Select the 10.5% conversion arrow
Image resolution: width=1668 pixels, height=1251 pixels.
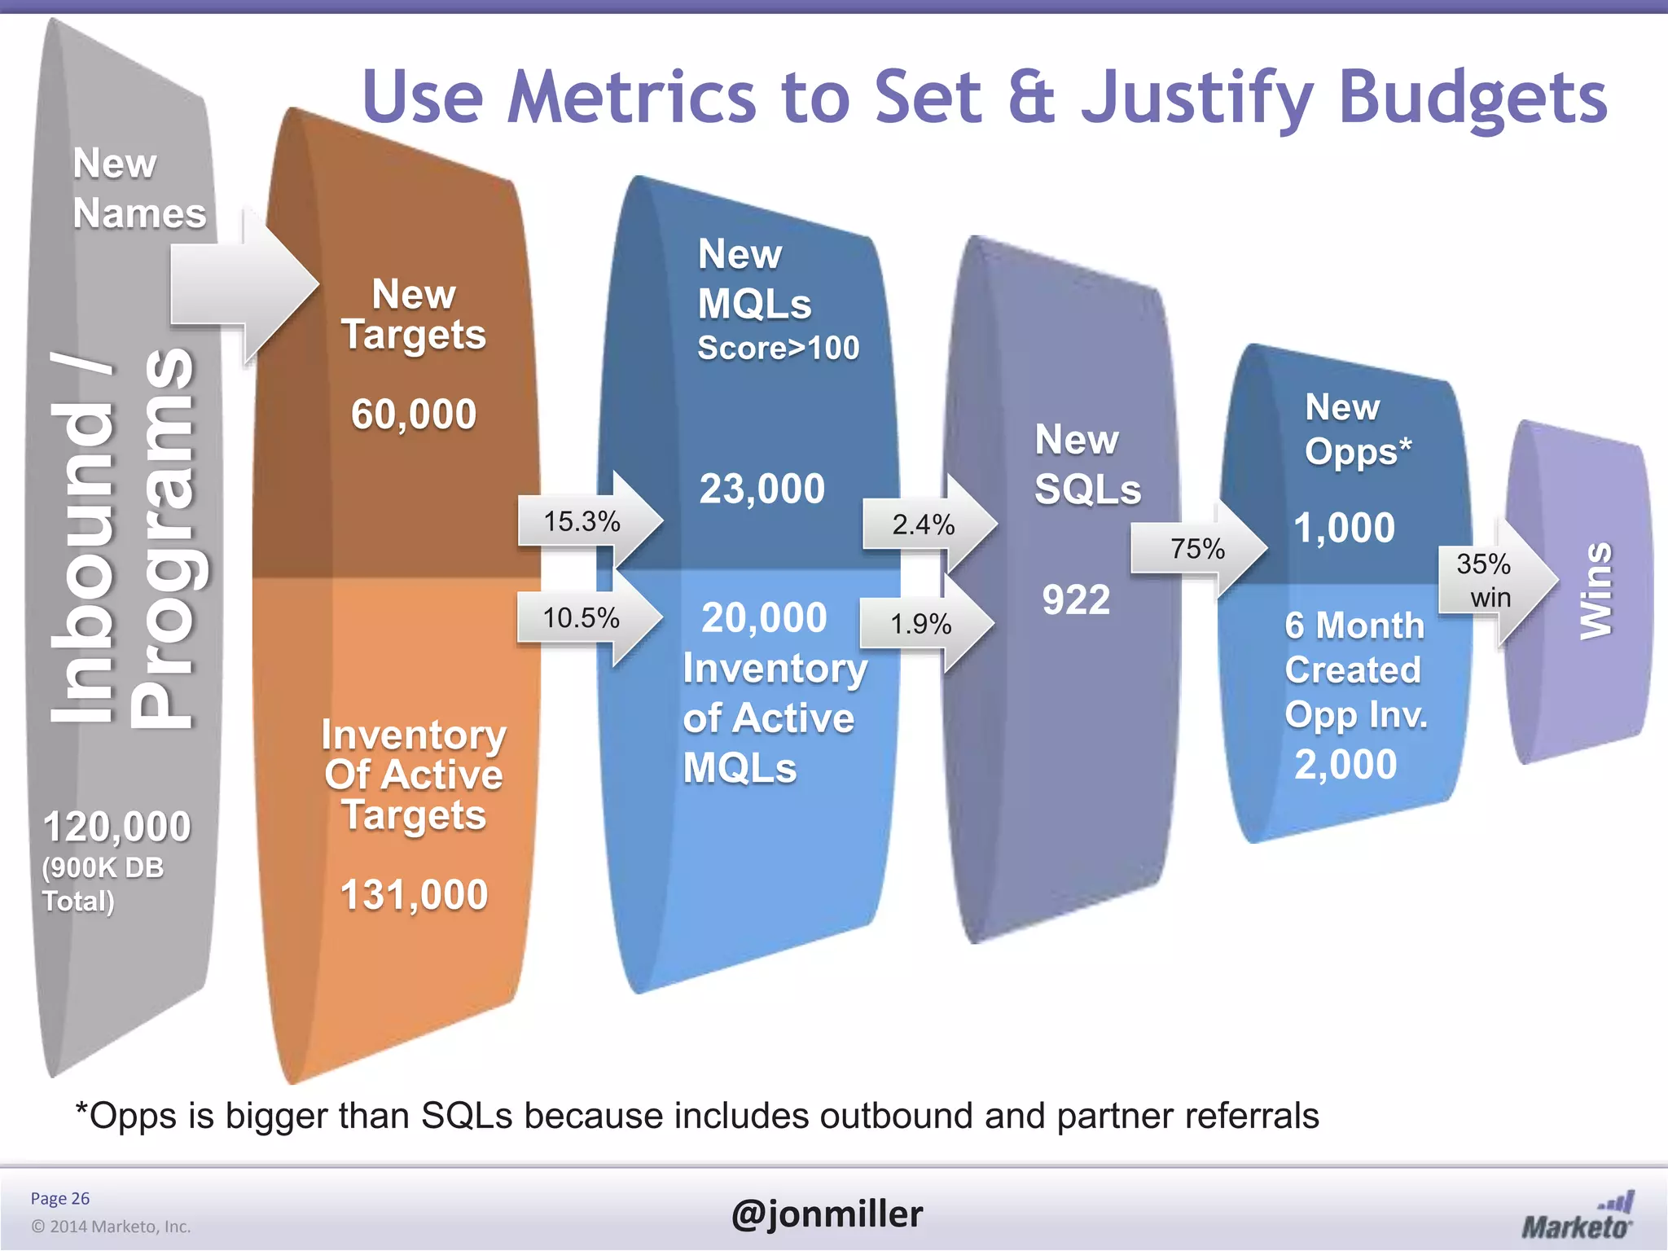click(x=586, y=618)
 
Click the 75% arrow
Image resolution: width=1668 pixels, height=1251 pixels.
click(x=1197, y=549)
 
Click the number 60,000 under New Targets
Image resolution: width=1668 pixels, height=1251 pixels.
click(x=414, y=414)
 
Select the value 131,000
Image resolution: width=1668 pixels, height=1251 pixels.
click(x=414, y=894)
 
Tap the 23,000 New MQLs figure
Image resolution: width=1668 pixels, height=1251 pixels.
click(x=762, y=489)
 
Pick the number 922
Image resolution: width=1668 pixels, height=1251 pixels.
click(x=1076, y=600)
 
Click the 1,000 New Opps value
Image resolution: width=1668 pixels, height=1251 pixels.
click(x=1344, y=528)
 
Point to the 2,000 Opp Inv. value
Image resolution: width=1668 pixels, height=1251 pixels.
click(x=1345, y=765)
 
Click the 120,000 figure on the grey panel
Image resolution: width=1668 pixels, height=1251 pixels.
click(x=116, y=827)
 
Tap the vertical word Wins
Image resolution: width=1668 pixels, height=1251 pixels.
click(x=1596, y=590)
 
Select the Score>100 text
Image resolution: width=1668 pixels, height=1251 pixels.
click(x=778, y=349)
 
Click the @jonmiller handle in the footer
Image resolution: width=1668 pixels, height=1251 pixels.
click(x=827, y=1214)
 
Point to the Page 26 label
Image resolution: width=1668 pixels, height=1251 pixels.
click(x=60, y=1198)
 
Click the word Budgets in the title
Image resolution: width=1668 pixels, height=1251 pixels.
click(x=1473, y=98)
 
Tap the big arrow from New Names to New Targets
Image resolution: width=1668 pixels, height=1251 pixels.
click(x=244, y=285)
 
